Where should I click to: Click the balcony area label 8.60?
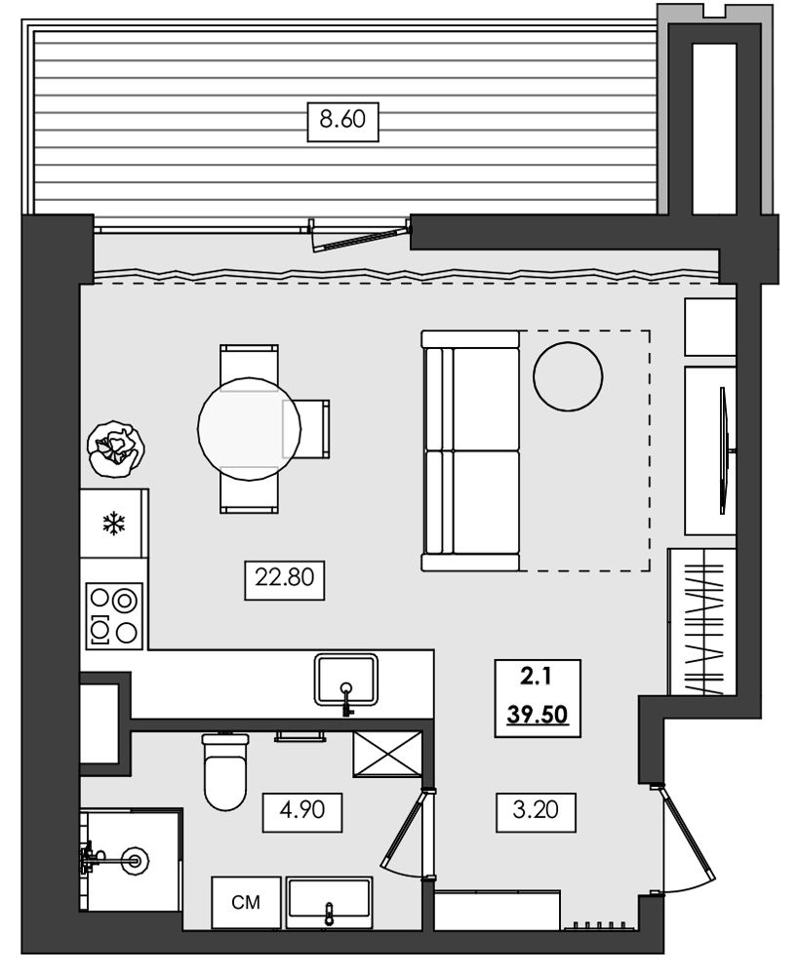(x=342, y=118)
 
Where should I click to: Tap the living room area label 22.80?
(x=284, y=577)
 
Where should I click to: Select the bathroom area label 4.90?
(x=302, y=809)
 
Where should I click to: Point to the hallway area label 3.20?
(x=536, y=809)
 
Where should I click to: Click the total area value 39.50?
(x=538, y=715)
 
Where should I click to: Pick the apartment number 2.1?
(x=536, y=677)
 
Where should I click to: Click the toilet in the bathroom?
(x=225, y=771)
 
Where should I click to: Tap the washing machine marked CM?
(x=246, y=902)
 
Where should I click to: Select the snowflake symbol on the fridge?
(x=112, y=523)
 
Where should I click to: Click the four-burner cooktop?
(x=114, y=616)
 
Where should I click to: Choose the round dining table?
(x=249, y=428)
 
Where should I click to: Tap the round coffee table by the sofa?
(x=568, y=376)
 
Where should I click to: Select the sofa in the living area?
(x=470, y=450)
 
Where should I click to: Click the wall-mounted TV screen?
(x=724, y=450)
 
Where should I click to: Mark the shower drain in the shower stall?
(x=135, y=861)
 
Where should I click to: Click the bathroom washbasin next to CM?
(x=330, y=902)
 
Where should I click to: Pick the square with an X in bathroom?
(x=387, y=754)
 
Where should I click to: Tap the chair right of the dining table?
(x=306, y=428)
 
